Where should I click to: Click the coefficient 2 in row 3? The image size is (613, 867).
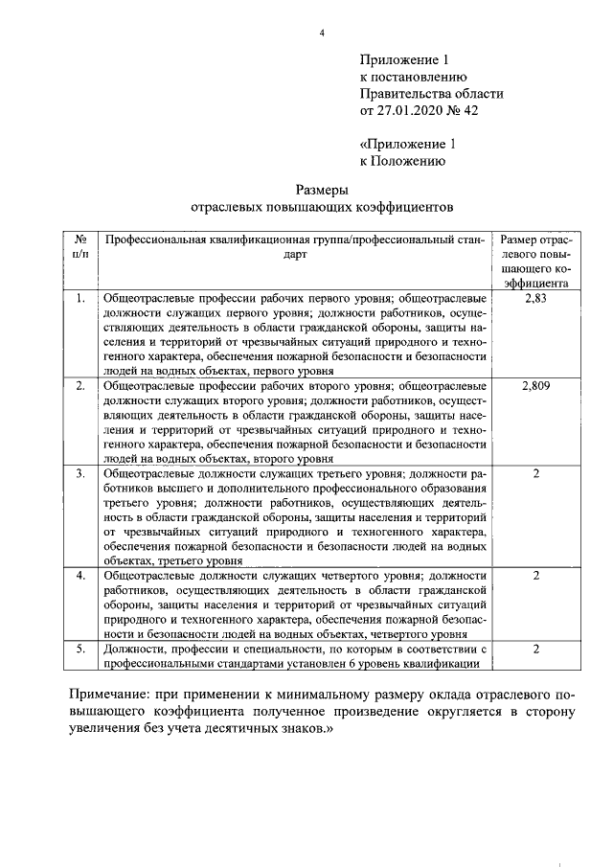536,473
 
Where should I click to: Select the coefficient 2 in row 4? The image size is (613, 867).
536,575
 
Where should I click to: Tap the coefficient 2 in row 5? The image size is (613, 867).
536,649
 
